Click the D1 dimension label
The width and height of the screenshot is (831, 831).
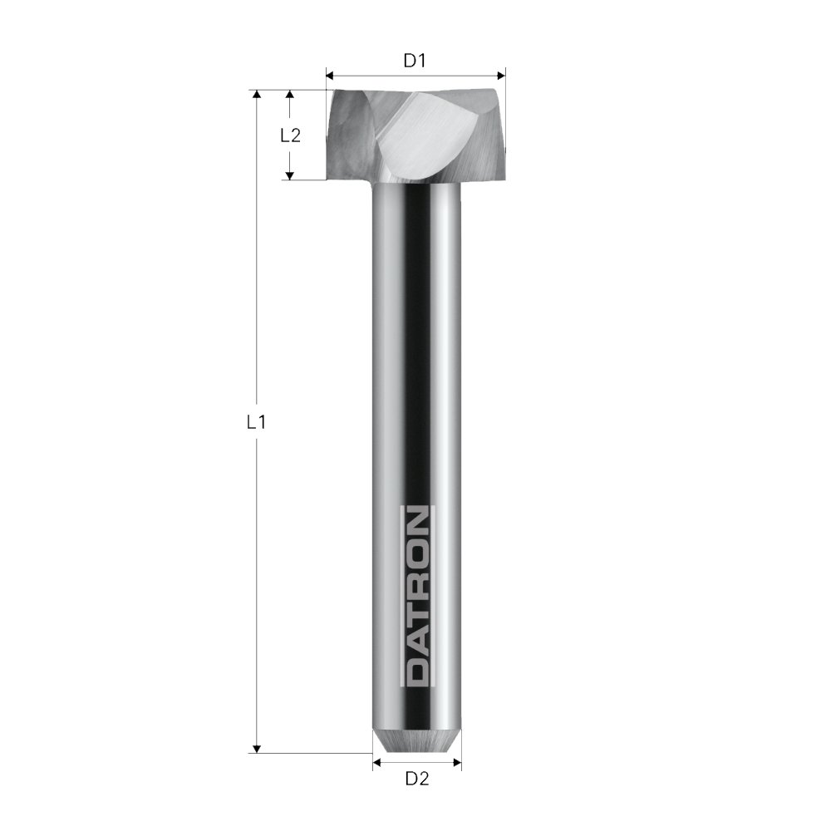[x=415, y=61]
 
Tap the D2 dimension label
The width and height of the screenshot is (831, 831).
[x=416, y=779]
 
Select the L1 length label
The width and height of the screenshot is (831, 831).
[x=257, y=422]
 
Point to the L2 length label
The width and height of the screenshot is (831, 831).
[x=290, y=135]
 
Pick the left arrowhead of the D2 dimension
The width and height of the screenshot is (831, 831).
[x=376, y=760]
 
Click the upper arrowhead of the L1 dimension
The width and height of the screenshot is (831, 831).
[x=257, y=95]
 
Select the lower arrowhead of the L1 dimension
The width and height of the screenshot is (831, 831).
[x=257, y=748]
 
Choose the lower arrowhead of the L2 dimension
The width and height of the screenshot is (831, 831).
[x=290, y=175]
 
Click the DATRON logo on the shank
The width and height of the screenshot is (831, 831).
[x=416, y=596]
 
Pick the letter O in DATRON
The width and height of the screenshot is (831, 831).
[x=416, y=552]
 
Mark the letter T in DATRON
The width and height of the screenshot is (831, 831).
[x=416, y=612]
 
